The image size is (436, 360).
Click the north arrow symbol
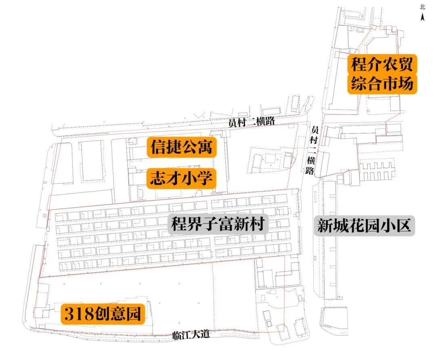click(422, 17)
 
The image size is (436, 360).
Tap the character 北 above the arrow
click(422, 7)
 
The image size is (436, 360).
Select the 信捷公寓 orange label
click(182, 147)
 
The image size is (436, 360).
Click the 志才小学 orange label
click(181, 178)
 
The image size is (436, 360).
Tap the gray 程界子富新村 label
click(218, 224)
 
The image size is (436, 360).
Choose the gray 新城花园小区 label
click(364, 225)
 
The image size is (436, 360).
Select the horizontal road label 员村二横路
click(252, 122)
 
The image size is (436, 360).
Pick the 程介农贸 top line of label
click(382, 64)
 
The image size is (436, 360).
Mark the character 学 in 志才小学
click(205, 178)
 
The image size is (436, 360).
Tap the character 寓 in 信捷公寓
click(205, 147)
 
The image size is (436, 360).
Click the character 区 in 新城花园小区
click(403, 225)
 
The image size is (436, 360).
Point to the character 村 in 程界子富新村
click(257, 224)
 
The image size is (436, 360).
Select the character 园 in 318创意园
click(133, 314)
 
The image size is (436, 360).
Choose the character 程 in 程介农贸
click(358, 64)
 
